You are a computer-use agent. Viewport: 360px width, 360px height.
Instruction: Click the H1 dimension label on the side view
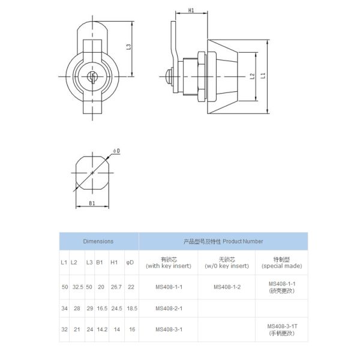pos(191,11)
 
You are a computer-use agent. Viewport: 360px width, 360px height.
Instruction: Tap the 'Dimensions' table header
pos(98,241)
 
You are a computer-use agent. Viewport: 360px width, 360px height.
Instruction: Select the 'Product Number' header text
pos(223,241)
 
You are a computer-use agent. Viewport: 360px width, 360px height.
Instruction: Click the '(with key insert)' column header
pos(168,266)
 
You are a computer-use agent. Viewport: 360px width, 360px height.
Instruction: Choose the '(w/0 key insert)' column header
pos(226,266)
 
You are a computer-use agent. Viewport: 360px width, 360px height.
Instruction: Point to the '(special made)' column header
pos(281,266)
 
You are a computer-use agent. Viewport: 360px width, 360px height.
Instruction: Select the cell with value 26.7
pos(116,287)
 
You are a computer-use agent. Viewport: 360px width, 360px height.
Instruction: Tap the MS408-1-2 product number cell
pos(226,287)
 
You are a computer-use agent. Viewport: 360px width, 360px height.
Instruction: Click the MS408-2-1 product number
pos(168,308)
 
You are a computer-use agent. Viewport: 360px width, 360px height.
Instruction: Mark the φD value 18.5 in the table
pos(132,308)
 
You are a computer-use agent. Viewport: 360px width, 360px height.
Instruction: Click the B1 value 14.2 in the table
pos(101,329)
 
